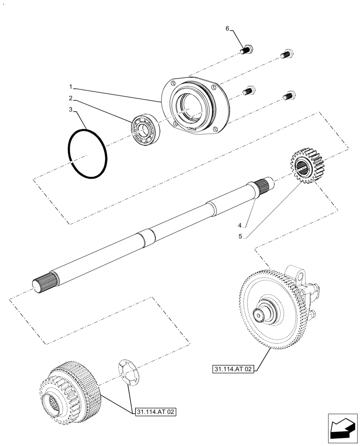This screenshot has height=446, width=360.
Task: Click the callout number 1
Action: coord(70,85)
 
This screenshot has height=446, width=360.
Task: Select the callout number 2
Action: coord(70,98)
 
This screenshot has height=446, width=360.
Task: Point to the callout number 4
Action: coord(240,225)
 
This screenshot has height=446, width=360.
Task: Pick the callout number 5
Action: coord(240,236)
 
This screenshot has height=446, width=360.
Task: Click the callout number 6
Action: coord(227,29)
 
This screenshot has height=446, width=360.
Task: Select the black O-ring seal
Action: coord(88,154)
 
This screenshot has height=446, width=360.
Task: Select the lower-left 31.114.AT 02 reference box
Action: coord(155,412)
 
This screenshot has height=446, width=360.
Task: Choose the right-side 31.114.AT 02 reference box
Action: coord(233,369)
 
